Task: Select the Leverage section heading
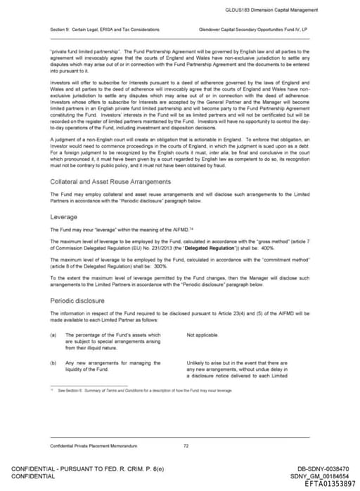[x=63, y=217]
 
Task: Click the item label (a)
[x=53, y=335]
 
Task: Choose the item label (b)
[x=53, y=362]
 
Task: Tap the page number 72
[x=186, y=445]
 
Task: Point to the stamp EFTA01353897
[x=330, y=484]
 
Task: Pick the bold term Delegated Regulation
[x=240, y=249]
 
